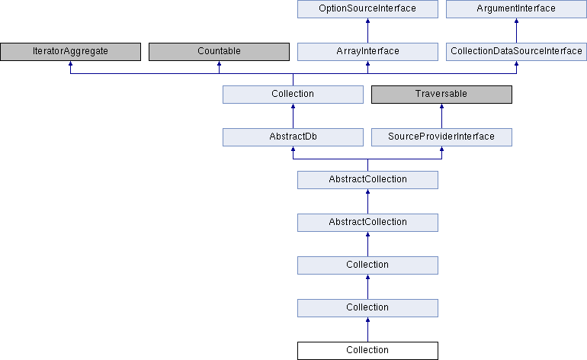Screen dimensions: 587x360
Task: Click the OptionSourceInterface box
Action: click(x=367, y=8)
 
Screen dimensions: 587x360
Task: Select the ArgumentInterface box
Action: click(x=516, y=8)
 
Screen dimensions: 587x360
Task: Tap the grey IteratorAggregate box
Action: click(x=70, y=52)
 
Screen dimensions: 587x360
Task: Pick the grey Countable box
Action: click(x=219, y=52)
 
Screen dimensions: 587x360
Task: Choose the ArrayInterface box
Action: click(x=367, y=52)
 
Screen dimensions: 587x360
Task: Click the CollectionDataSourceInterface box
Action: click(x=516, y=52)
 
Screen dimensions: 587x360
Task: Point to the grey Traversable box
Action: click(x=441, y=95)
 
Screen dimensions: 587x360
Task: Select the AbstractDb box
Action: click(x=293, y=137)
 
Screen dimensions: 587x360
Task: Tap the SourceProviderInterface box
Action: click(x=441, y=137)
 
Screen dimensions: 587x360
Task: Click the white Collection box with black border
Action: click(x=367, y=351)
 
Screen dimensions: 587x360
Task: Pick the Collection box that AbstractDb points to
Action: click(x=293, y=95)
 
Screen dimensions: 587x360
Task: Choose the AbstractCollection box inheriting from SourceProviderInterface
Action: click(x=367, y=180)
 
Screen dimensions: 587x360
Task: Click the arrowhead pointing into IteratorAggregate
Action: click(x=70, y=63)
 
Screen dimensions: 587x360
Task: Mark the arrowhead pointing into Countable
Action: click(x=219, y=63)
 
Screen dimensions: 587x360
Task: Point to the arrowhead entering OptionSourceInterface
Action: click(x=367, y=21)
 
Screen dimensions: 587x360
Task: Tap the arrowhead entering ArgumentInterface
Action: click(x=516, y=21)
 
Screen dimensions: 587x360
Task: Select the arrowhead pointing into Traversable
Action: click(x=441, y=106)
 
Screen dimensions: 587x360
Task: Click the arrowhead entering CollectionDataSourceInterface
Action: click(x=516, y=63)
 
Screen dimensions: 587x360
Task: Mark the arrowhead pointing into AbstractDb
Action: click(x=293, y=149)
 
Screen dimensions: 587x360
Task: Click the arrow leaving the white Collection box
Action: click(x=367, y=329)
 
